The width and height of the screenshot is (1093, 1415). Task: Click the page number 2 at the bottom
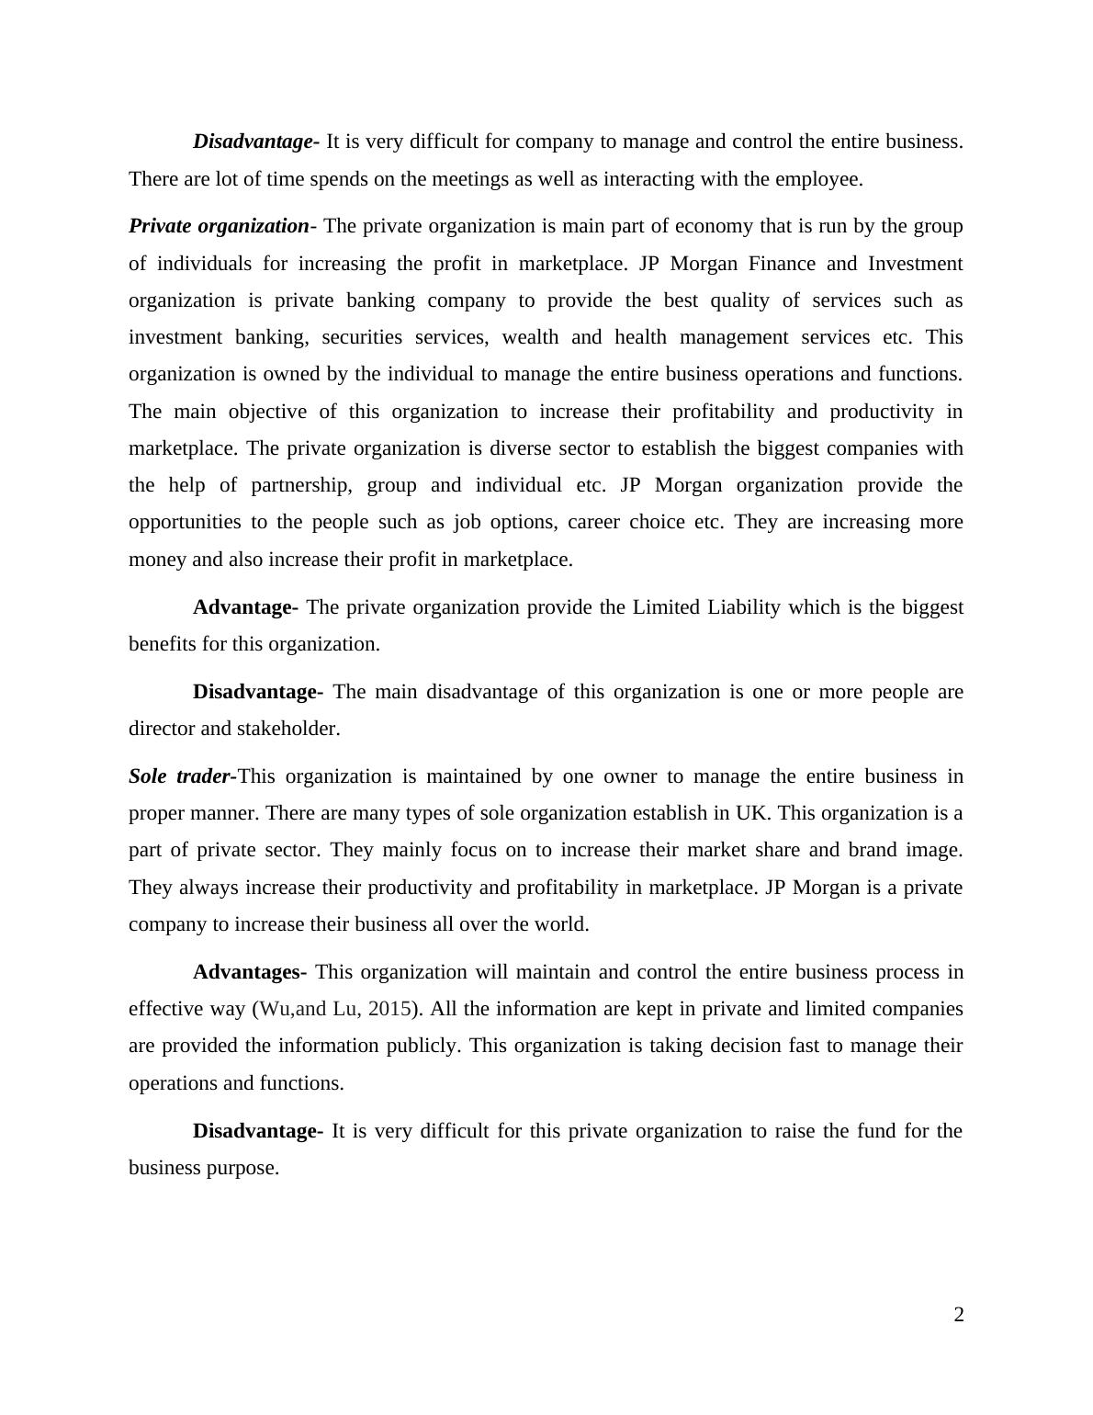[x=959, y=1315]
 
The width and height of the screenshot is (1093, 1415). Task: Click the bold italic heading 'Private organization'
[x=219, y=226]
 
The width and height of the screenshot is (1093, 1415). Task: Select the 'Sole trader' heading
[x=179, y=776]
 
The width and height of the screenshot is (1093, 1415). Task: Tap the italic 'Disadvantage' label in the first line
[x=253, y=141]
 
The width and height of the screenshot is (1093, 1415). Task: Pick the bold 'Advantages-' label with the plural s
[x=246, y=972]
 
